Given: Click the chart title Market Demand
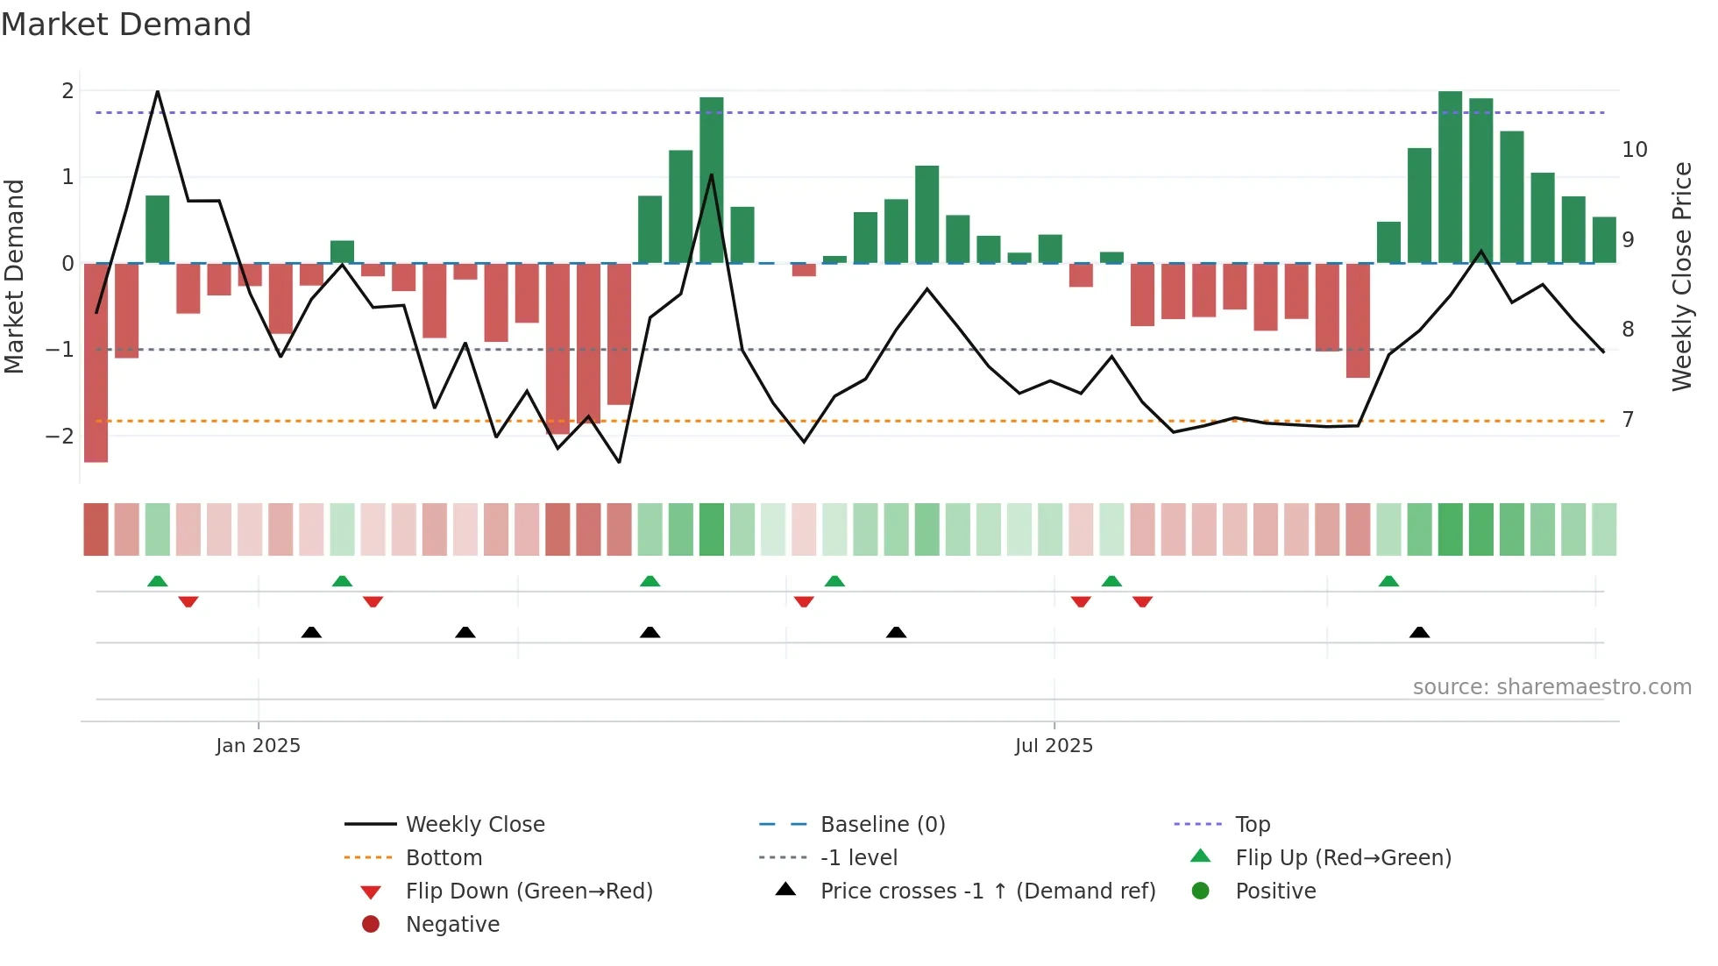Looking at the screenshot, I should pos(126,25).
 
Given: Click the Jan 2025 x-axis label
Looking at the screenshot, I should pos(258,746).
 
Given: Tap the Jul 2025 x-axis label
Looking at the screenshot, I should pos(1054,746).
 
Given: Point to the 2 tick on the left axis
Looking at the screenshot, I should pos(67,90).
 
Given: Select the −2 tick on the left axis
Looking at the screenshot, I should pos(60,436).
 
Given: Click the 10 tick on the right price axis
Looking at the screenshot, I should pos(1634,150).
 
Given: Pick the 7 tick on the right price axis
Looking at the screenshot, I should pos(1628,420).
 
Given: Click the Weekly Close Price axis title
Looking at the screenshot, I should pos(1681,276).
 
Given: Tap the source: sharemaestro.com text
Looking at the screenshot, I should pos(1551,687).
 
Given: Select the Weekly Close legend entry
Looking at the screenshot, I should pos(474,825).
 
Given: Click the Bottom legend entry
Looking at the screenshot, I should pos(444,858).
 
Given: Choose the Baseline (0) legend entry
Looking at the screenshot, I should pos(882,825).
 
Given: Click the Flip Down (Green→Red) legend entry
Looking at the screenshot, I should pos(529,891).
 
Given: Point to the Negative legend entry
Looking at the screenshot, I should pos(452,925).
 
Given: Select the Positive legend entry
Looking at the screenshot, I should pos(1275,891).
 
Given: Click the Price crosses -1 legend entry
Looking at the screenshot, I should pos(987,891).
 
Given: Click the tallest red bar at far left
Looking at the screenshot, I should pos(96,368).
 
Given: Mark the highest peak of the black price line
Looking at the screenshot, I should pos(158,91).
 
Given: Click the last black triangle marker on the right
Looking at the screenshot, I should pos(1419,632).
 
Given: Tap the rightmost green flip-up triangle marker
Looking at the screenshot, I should pos(1388,581).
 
